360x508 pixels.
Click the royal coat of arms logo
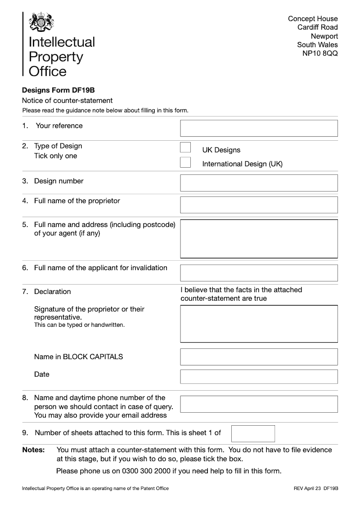(x=41, y=22)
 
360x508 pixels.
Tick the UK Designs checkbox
(x=185, y=147)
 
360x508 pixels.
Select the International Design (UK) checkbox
(x=185, y=162)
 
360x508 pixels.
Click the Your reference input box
(x=259, y=128)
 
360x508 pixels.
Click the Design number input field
(x=259, y=183)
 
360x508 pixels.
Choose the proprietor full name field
(x=259, y=205)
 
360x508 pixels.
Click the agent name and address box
(x=259, y=239)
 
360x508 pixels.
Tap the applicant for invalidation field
(x=259, y=273)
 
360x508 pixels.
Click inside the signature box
(x=259, y=324)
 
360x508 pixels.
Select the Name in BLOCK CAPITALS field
(x=259, y=357)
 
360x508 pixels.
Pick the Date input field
(x=259, y=376)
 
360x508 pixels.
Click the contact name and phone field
(x=259, y=404)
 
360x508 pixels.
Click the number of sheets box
(x=253, y=433)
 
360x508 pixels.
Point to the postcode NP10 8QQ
(x=319, y=53)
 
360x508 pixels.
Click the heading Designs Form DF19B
(x=58, y=90)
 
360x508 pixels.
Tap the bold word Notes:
(x=33, y=450)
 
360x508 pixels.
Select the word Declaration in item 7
(x=53, y=292)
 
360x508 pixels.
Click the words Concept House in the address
(x=313, y=19)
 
